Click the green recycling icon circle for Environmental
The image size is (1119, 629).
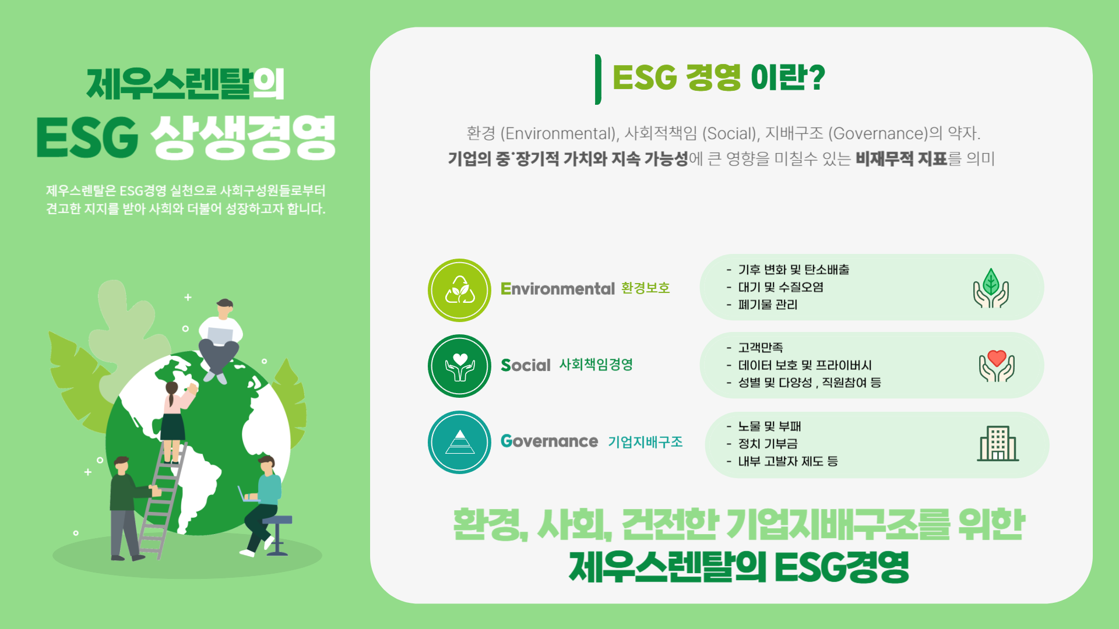pos(459,290)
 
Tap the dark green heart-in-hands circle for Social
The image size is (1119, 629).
pos(459,366)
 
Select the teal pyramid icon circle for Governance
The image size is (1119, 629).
pos(459,442)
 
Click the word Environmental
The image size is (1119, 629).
pos(557,289)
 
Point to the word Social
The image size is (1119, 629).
pos(525,365)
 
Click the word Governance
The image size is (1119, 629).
pos(549,441)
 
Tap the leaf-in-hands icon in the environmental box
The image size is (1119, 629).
pos(991,288)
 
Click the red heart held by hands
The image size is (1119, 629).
pos(997,358)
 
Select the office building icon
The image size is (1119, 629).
pos(998,444)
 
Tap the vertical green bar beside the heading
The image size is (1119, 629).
pos(598,79)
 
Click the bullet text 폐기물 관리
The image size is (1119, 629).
pos(768,305)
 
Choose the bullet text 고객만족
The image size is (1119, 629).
pos(761,348)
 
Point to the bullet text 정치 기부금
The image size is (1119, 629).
pos(768,444)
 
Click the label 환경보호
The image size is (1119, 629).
pos(646,288)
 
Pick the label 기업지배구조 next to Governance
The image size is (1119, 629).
pos(645,442)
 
